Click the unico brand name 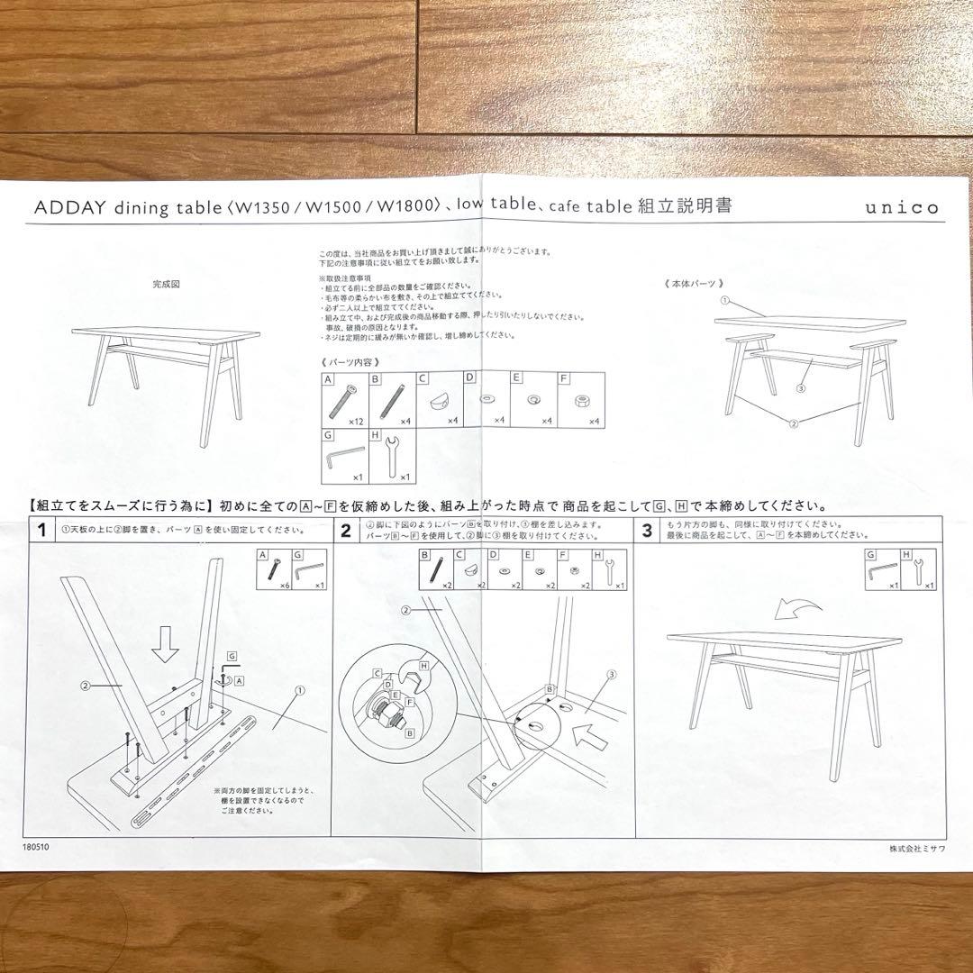click(902, 208)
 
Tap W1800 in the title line click(407, 206)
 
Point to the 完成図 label click(167, 284)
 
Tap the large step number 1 click(41, 531)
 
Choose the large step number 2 click(345, 531)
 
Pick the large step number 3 click(647, 531)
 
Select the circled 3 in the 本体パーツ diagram click(799, 388)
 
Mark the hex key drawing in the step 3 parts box click(882, 571)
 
